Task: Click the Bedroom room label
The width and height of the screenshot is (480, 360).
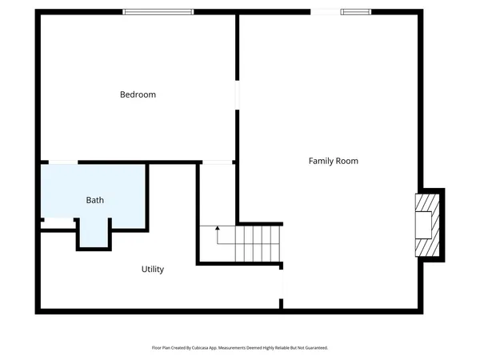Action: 138,94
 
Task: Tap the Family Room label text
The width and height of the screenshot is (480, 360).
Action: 333,161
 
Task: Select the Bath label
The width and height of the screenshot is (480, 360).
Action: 94,200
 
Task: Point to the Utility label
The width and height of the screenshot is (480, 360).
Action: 152,270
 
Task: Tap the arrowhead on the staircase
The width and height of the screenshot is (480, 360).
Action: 217,229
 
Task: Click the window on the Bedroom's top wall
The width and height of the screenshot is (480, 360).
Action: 158,11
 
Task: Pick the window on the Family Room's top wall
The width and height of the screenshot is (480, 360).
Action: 355,11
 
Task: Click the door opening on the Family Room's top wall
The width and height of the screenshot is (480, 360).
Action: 325,11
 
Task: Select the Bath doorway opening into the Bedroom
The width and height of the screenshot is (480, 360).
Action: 63,162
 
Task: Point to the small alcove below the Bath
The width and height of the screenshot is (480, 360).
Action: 94,238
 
